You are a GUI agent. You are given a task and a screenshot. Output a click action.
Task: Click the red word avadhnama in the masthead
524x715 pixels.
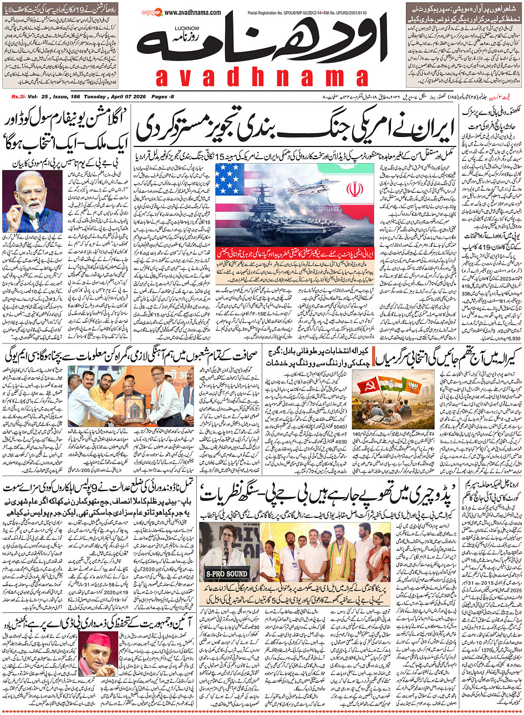pyautogui.click(x=270, y=78)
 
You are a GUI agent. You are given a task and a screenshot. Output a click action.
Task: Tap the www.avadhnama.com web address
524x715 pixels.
pyautogui.click(x=192, y=12)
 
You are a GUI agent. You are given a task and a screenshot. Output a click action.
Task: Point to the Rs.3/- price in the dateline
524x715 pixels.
pyautogui.click(x=19, y=97)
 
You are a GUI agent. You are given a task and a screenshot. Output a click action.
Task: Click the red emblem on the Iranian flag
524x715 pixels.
pyautogui.click(x=355, y=190)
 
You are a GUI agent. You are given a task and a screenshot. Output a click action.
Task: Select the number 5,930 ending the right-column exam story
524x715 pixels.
pyautogui.click(x=514, y=337)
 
